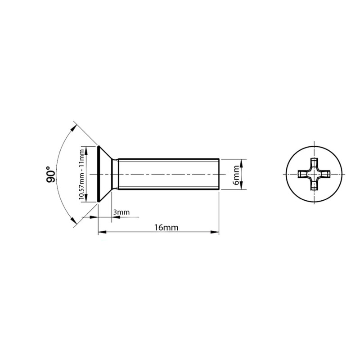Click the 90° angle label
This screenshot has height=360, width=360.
pyautogui.click(x=50, y=174)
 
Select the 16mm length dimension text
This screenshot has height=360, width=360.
pyautogui.click(x=166, y=228)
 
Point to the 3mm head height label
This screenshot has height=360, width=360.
pyautogui.click(x=121, y=212)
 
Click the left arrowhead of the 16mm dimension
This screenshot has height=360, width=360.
pyautogui.click(x=103, y=232)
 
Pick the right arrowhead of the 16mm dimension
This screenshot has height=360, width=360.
pyautogui.click(x=215, y=232)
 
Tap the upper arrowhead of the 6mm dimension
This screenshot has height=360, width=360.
pyautogui.click(x=241, y=163)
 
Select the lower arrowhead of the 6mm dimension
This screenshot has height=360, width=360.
pyautogui.click(x=241, y=185)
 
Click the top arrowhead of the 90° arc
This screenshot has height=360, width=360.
pyautogui.click(x=73, y=128)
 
